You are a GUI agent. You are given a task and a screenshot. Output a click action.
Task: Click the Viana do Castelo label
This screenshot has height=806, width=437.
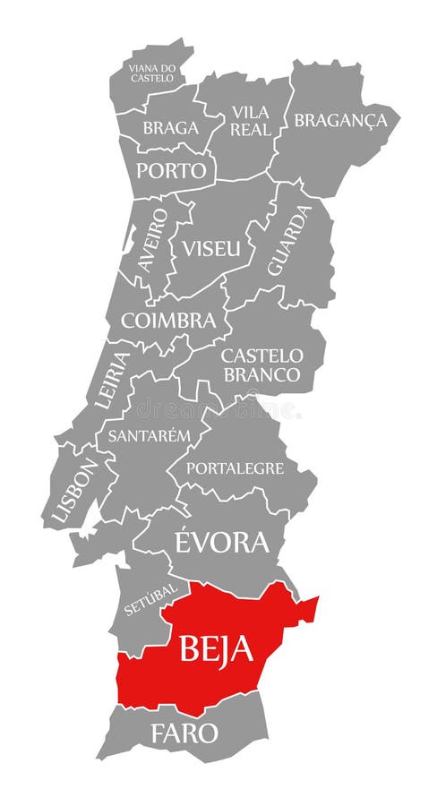(151, 73)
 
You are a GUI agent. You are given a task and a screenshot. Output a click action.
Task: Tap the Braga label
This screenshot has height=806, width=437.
(170, 128)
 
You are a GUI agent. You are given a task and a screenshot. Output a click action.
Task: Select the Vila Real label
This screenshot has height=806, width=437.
(251, 121)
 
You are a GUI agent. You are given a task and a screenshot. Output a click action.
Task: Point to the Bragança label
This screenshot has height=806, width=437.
(340, 120)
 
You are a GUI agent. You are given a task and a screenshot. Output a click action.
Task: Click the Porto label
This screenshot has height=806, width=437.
(171, 170)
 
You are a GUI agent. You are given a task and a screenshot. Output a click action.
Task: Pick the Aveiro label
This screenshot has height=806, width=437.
(152, 239)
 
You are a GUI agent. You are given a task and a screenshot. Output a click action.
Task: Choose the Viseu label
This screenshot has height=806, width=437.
(212, 248)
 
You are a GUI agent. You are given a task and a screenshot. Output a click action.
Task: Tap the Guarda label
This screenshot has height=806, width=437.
(289, 239)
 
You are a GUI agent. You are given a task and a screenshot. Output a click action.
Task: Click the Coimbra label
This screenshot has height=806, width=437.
(168, 320)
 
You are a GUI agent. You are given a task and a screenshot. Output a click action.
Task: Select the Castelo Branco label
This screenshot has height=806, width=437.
(262, 365)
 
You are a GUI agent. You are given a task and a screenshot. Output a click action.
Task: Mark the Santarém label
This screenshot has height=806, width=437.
(150, 436)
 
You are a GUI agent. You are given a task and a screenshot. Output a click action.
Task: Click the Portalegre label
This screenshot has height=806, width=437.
(235, 467)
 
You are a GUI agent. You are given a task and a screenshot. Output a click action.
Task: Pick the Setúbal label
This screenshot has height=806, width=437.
(151, 597)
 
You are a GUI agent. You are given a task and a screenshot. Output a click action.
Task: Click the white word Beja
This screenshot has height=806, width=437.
(216, 647)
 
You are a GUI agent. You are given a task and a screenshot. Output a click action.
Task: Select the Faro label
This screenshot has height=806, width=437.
(184, 733)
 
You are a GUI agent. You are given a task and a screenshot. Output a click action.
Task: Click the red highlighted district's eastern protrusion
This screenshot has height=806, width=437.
(307, 609)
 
